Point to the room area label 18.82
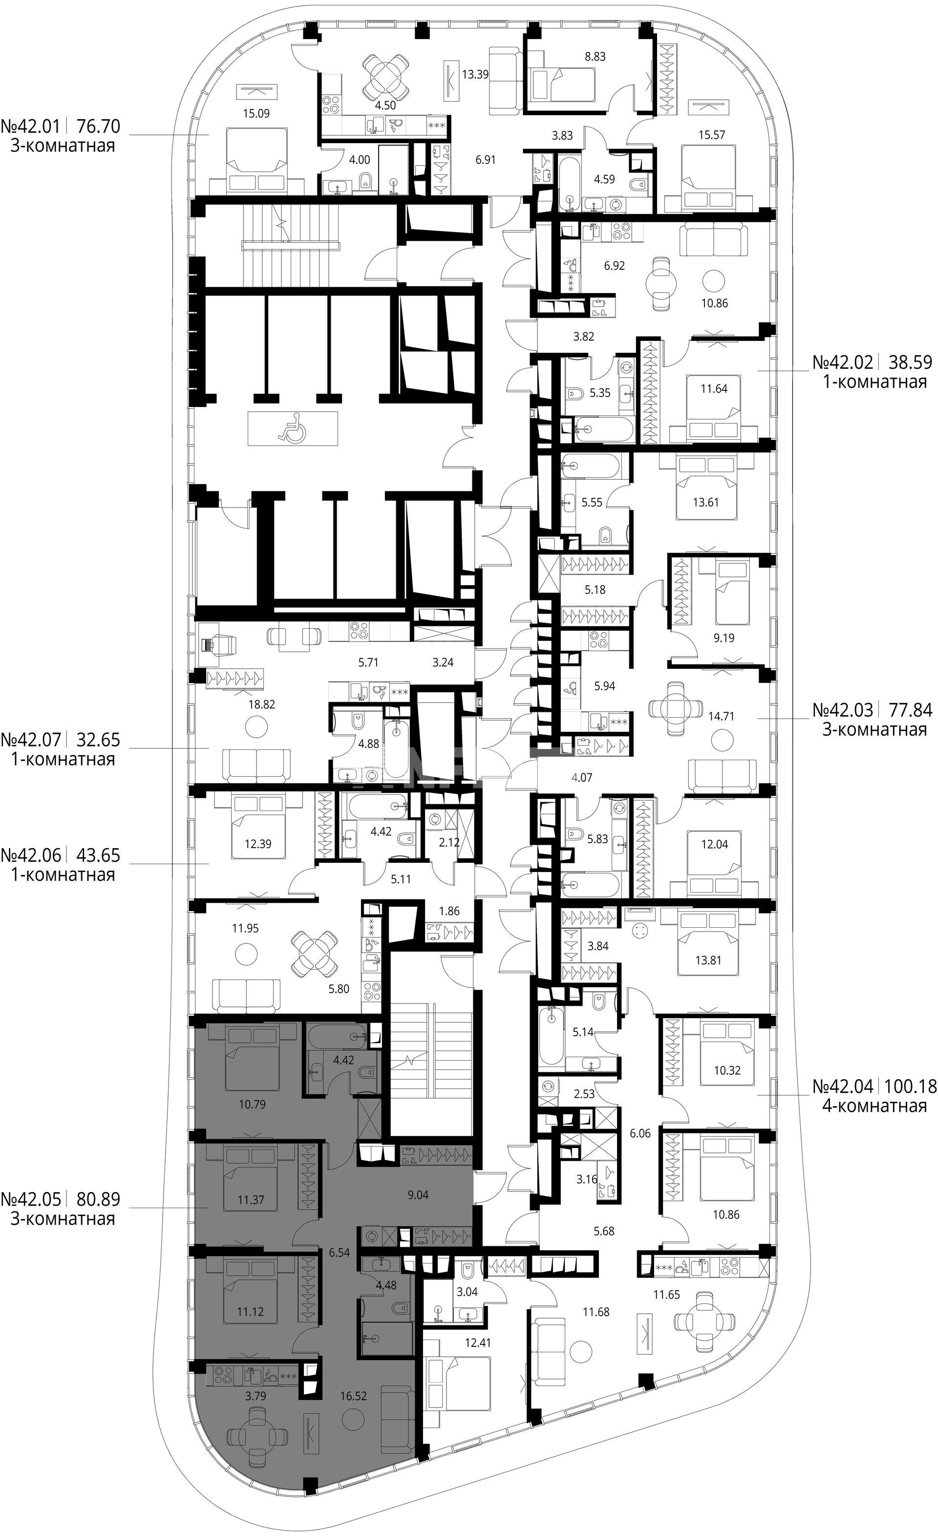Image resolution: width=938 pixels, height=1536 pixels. pos(261,704)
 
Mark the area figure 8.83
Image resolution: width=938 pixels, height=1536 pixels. pos(595,56)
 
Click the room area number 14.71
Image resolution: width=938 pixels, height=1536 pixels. pos(721,716)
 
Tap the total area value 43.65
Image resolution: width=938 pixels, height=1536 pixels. pos(98,854)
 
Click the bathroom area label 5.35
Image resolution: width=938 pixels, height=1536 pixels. pos(599,393)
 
